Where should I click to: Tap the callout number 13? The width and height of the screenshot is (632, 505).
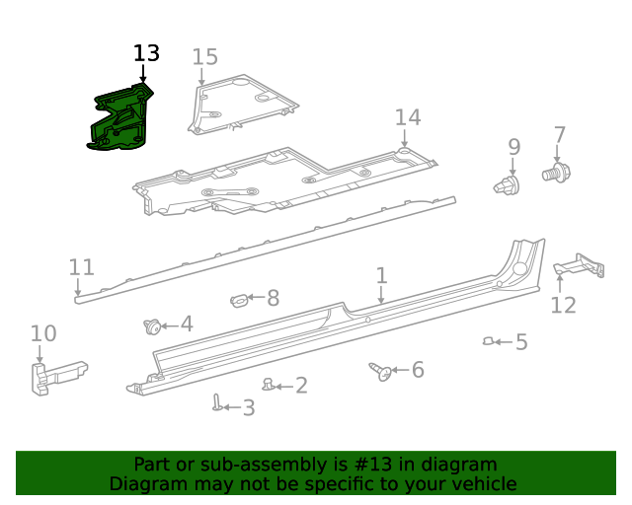(146, 53)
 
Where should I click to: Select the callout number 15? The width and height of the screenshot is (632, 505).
(204, 57)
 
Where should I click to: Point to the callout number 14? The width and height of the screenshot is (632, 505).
(408, 118)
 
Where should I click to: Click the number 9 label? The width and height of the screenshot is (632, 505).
(513, 147)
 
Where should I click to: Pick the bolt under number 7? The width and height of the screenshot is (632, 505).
(556, 174)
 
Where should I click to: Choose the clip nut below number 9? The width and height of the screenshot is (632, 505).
(507, 184)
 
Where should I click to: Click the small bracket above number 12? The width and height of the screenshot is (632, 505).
(580, 265)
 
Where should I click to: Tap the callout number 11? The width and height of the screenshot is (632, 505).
(81, 267)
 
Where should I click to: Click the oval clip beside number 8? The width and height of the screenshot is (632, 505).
(239, 298)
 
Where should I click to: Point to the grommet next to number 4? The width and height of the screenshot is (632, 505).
(153, 325)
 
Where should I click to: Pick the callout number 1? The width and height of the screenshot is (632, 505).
(381, 276)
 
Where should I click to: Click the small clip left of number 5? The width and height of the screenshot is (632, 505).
(488, 341)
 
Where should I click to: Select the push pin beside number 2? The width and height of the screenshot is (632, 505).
(268, 384)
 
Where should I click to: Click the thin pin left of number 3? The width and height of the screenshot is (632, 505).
(216, 402)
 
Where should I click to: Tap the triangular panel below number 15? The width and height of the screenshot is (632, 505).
(242, 106)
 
